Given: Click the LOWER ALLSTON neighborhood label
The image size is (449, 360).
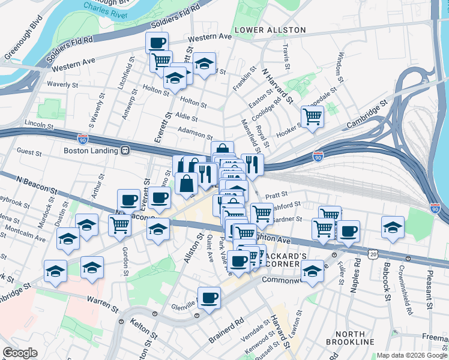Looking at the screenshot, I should pos(270,29).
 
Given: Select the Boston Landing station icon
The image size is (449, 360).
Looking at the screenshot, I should pos(125,151).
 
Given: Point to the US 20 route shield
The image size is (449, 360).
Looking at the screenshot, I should pos(374,254).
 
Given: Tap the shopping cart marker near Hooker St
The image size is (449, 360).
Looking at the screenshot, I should pos(312,116).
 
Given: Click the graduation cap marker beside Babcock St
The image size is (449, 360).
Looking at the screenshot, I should pos(393,227).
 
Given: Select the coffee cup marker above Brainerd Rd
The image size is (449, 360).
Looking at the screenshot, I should pos(209,298).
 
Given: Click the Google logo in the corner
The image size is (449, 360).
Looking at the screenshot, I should pos(19,353).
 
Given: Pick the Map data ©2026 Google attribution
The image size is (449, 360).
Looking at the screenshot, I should pos(412,355).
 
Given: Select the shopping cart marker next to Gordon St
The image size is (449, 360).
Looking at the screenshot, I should pos(119,225).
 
